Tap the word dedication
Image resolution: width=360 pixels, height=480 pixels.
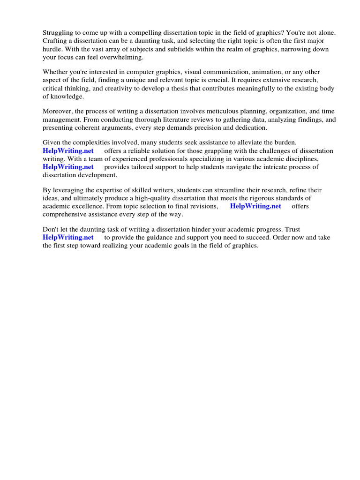(249, 127)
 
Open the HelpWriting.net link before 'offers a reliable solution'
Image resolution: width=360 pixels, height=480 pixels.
(68, 150)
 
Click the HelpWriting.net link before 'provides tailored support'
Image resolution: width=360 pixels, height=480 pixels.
(68, 166)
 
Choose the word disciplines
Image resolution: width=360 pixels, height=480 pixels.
(302, 158)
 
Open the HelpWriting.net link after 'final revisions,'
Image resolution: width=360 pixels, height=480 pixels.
(255, 206)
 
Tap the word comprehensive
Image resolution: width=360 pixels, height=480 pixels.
(67, 214)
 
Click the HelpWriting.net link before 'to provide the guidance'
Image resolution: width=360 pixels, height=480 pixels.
(68, 237)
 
